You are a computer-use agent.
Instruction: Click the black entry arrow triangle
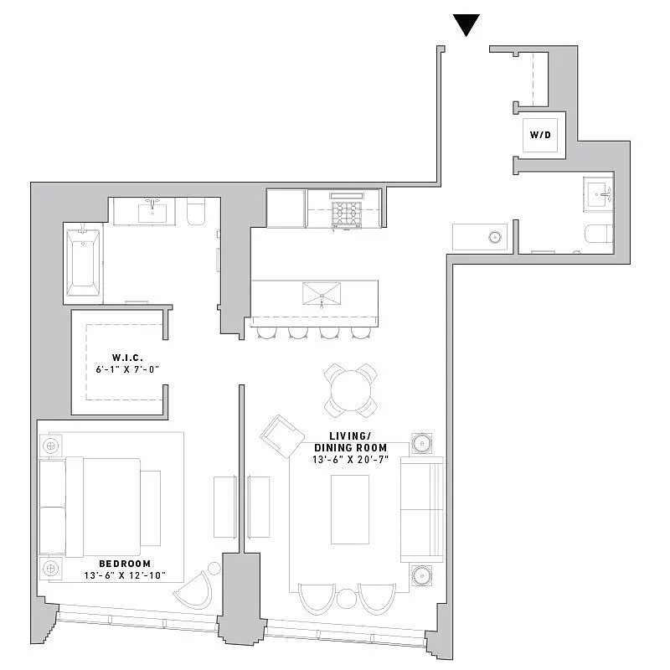click(x=466, y=25)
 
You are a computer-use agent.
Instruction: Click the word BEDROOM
click(x=124, y=564)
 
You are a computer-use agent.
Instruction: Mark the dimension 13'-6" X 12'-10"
click(x=125, y=576)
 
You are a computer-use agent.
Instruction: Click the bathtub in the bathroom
click(x=83, y=262)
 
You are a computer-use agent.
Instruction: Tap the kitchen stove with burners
click(x=345, y=209)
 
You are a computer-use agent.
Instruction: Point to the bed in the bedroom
click(x=100, y=507)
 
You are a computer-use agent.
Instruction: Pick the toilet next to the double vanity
click(x=194, y=213)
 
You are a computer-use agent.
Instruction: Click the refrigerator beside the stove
click(x=286, y=208)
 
